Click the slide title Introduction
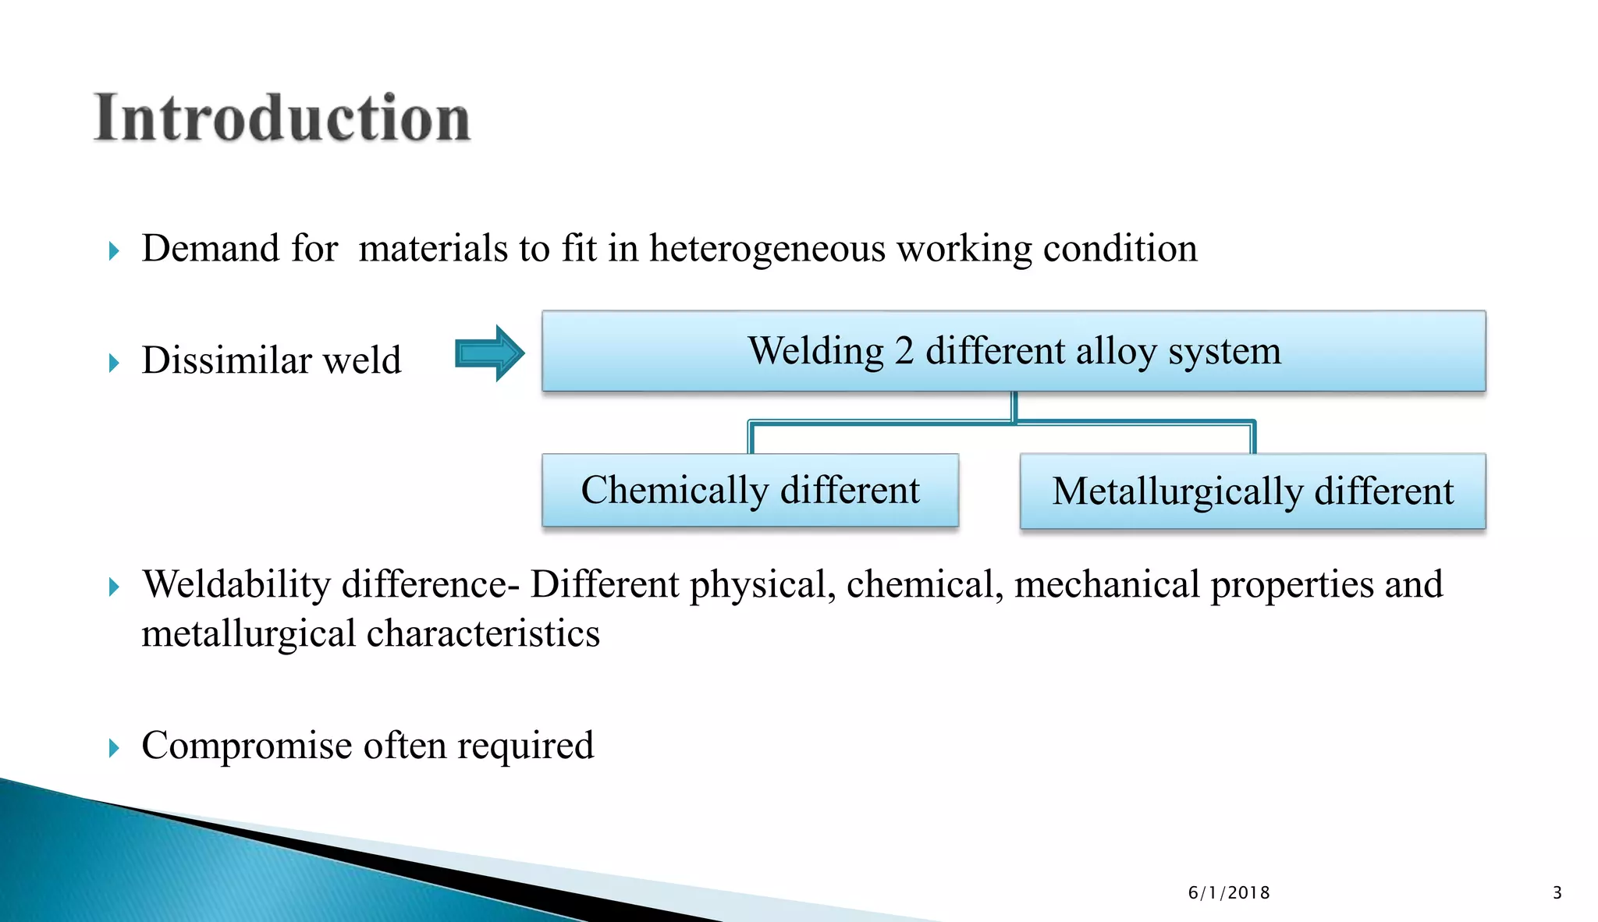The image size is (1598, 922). tap(282, 119)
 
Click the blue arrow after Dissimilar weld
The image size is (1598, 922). tap(489, 353)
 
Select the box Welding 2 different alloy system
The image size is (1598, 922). tap(1014, 351)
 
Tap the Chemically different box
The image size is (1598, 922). tap(750, 491)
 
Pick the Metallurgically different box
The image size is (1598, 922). tap(1252, 491)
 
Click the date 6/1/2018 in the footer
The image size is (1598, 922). tap(1229, 893)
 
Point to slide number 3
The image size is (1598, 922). tap(1557, 893)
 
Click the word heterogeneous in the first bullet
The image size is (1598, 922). tap(767, 250)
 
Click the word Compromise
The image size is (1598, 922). tap(247, 746)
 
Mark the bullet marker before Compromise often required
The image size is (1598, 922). tap(114, 749)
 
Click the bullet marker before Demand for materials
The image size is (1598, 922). tap(114, 251)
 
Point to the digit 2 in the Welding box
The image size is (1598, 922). tap(904, 352)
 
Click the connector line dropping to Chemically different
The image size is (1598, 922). tap(751, 438)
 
